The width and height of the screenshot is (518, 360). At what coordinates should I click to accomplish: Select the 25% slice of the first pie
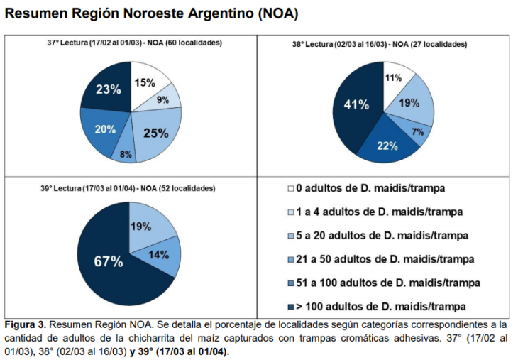pyautogui.click(x=156, y=132)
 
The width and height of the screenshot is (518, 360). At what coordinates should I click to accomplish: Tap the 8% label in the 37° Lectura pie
pyautogui.click(x=126, y=154)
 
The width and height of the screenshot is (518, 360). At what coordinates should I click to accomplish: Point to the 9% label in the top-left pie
pyautogui.click(x=162, y=100)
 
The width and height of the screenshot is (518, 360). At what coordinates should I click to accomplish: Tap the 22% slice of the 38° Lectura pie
pyautogui.click(x=387, y=146)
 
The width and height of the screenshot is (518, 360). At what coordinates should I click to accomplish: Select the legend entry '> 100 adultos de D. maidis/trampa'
pyautogui.click(x=379, y=306)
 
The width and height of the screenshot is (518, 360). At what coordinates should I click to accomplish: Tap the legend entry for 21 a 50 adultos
pyautogui.click(x=379, y=259)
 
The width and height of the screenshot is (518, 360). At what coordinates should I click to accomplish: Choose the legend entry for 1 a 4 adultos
pyautogui.click(x=379, y=212)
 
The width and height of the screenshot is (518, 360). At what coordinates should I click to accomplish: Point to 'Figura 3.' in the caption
pyautogui.click(x=26, y=324)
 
